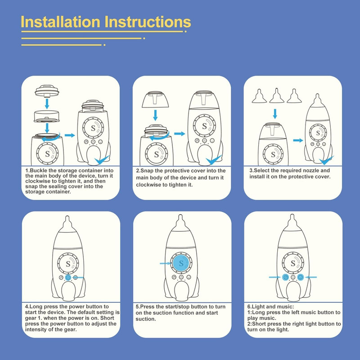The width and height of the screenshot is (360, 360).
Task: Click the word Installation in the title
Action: pyautogui.click(x=61, y=22)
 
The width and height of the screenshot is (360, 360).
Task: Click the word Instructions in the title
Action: pyautogui.click(x=148, y=22)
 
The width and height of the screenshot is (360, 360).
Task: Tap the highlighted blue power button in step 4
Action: pyautogui.click(x=68, y=277)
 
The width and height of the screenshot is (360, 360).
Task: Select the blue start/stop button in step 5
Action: pyautogui.click(x=181, y=263)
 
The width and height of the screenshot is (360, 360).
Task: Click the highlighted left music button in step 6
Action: pyautogui.click(x=286, y=277)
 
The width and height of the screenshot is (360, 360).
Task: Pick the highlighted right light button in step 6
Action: pyautogui.click(x=300, y=277)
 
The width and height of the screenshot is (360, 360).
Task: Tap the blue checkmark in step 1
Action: pyautogui.click(x=102, y=160)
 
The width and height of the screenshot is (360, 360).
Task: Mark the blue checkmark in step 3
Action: pyautogui.click(x=326, y=160)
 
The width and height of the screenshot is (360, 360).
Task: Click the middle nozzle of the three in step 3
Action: pyautogui.click(x=277, y=95)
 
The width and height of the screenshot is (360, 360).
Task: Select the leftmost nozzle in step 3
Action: pyautogui.click(x=259, y=96)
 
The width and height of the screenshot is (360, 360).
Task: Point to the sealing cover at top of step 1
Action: pyautogui.click(x=47, y=91)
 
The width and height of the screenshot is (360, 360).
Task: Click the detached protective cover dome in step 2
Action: pyautogui.click(x=155, y=99)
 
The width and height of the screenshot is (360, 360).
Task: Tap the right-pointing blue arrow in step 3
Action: pyautogui.click(x=298, y=140)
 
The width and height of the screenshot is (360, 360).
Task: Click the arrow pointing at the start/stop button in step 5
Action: pyautogui.click(x=165, y=263)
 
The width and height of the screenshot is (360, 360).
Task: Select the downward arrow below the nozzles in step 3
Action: pyautogui.click(x=275, y=114)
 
